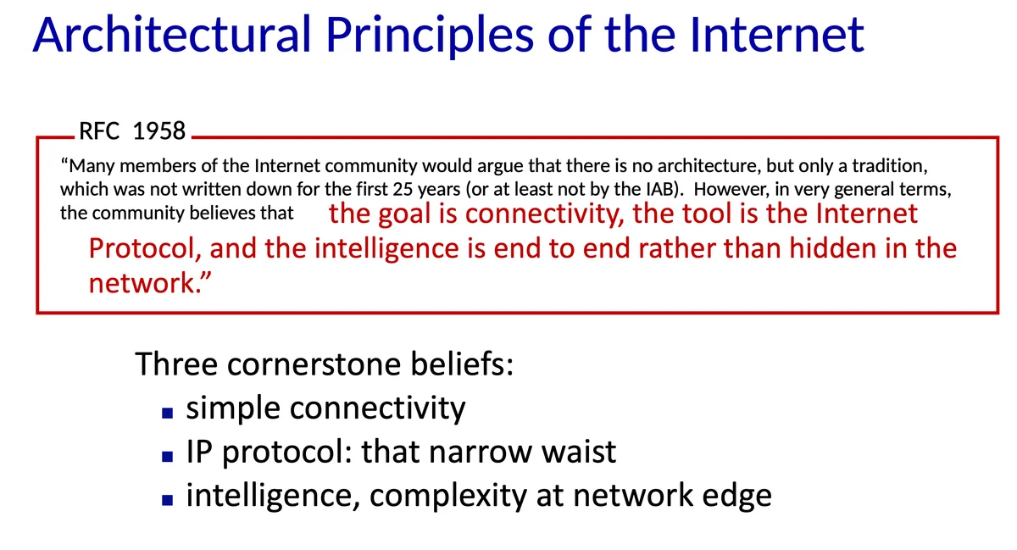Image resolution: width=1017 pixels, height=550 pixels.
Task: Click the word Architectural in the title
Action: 172,35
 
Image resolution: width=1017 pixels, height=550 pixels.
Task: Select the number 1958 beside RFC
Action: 159,131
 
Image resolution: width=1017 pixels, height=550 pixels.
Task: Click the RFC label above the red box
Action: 99,131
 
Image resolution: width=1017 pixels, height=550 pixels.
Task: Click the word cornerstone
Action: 314,364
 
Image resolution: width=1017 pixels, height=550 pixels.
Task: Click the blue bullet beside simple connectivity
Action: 168,413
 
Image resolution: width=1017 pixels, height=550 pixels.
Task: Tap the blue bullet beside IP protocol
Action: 168,456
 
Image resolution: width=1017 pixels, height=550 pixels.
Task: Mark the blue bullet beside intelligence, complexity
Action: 168,500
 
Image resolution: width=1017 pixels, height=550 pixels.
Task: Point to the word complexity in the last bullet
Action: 448,497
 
